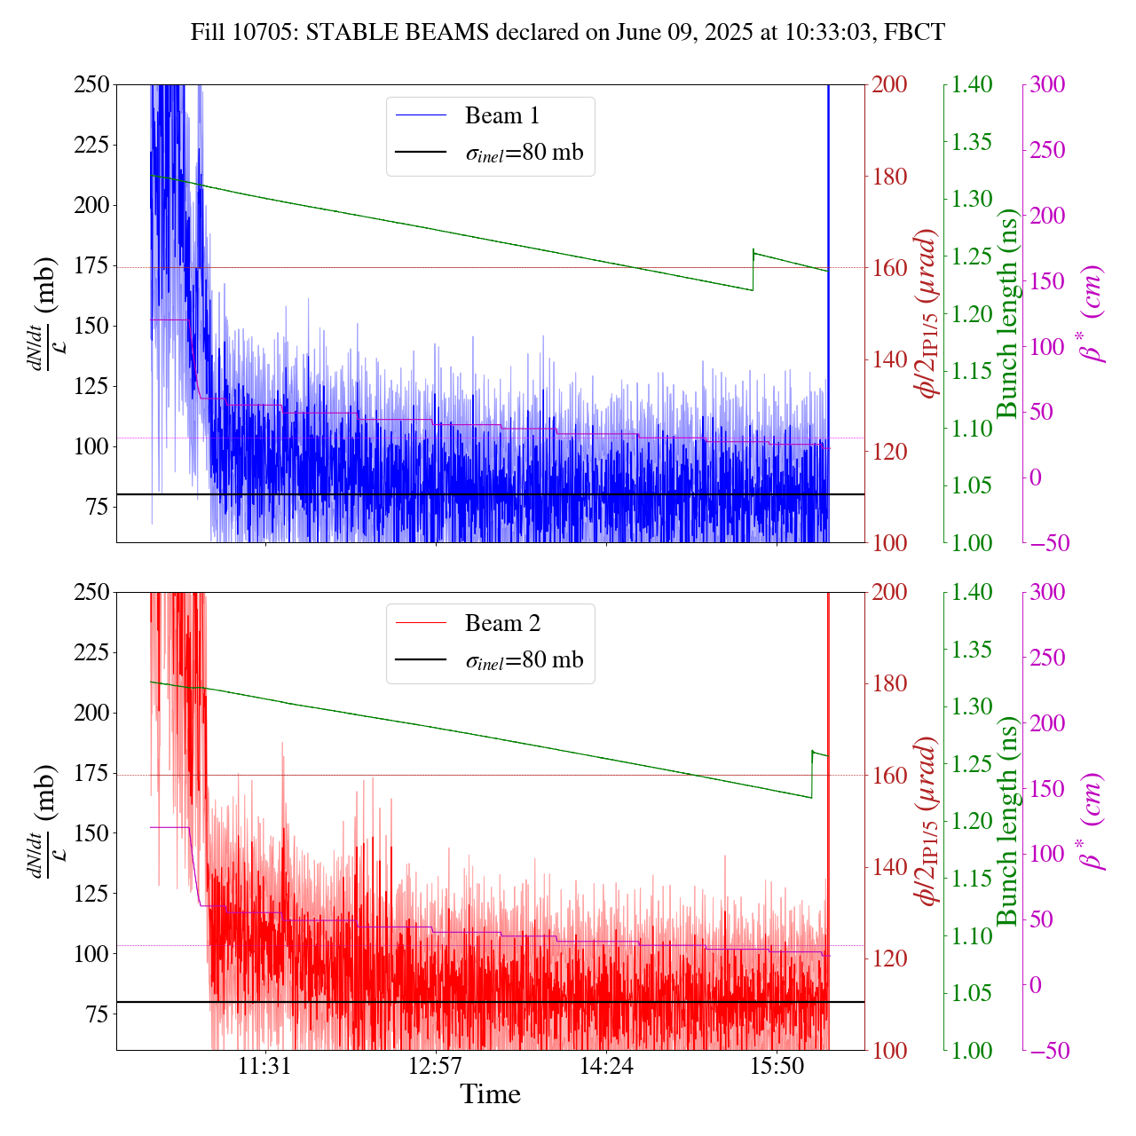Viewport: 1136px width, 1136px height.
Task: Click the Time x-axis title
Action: pyautogui.click(x=490, y=1094)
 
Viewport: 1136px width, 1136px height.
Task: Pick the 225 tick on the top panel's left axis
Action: pyautogui.click(x=91, y=145)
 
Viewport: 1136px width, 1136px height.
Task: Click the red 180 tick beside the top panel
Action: pyautogui.click(x=889, y=177)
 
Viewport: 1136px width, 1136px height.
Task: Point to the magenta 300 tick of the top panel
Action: pyautogui.click(x=1047, y=84)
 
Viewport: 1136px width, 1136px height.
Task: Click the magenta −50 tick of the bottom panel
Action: pyautogui.click(x=1047, y=1051)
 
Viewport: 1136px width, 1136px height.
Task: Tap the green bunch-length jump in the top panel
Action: pyautogui.click(x=753, y=270)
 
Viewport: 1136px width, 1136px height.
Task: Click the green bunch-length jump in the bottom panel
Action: pyautogui.click(x=812, y=774)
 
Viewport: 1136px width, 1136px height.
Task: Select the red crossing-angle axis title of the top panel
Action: pyautogui.click(x=928, y=314)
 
